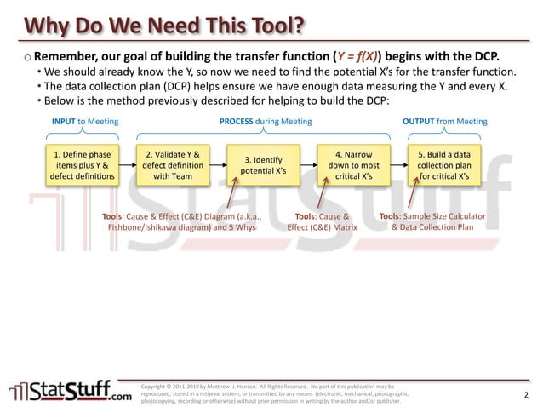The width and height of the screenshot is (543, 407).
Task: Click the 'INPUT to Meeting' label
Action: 85,122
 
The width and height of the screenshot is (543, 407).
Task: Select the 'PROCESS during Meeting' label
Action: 266,122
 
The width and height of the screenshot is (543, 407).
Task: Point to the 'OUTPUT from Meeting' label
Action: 444,122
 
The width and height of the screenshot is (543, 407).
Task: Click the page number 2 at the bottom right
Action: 526,395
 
